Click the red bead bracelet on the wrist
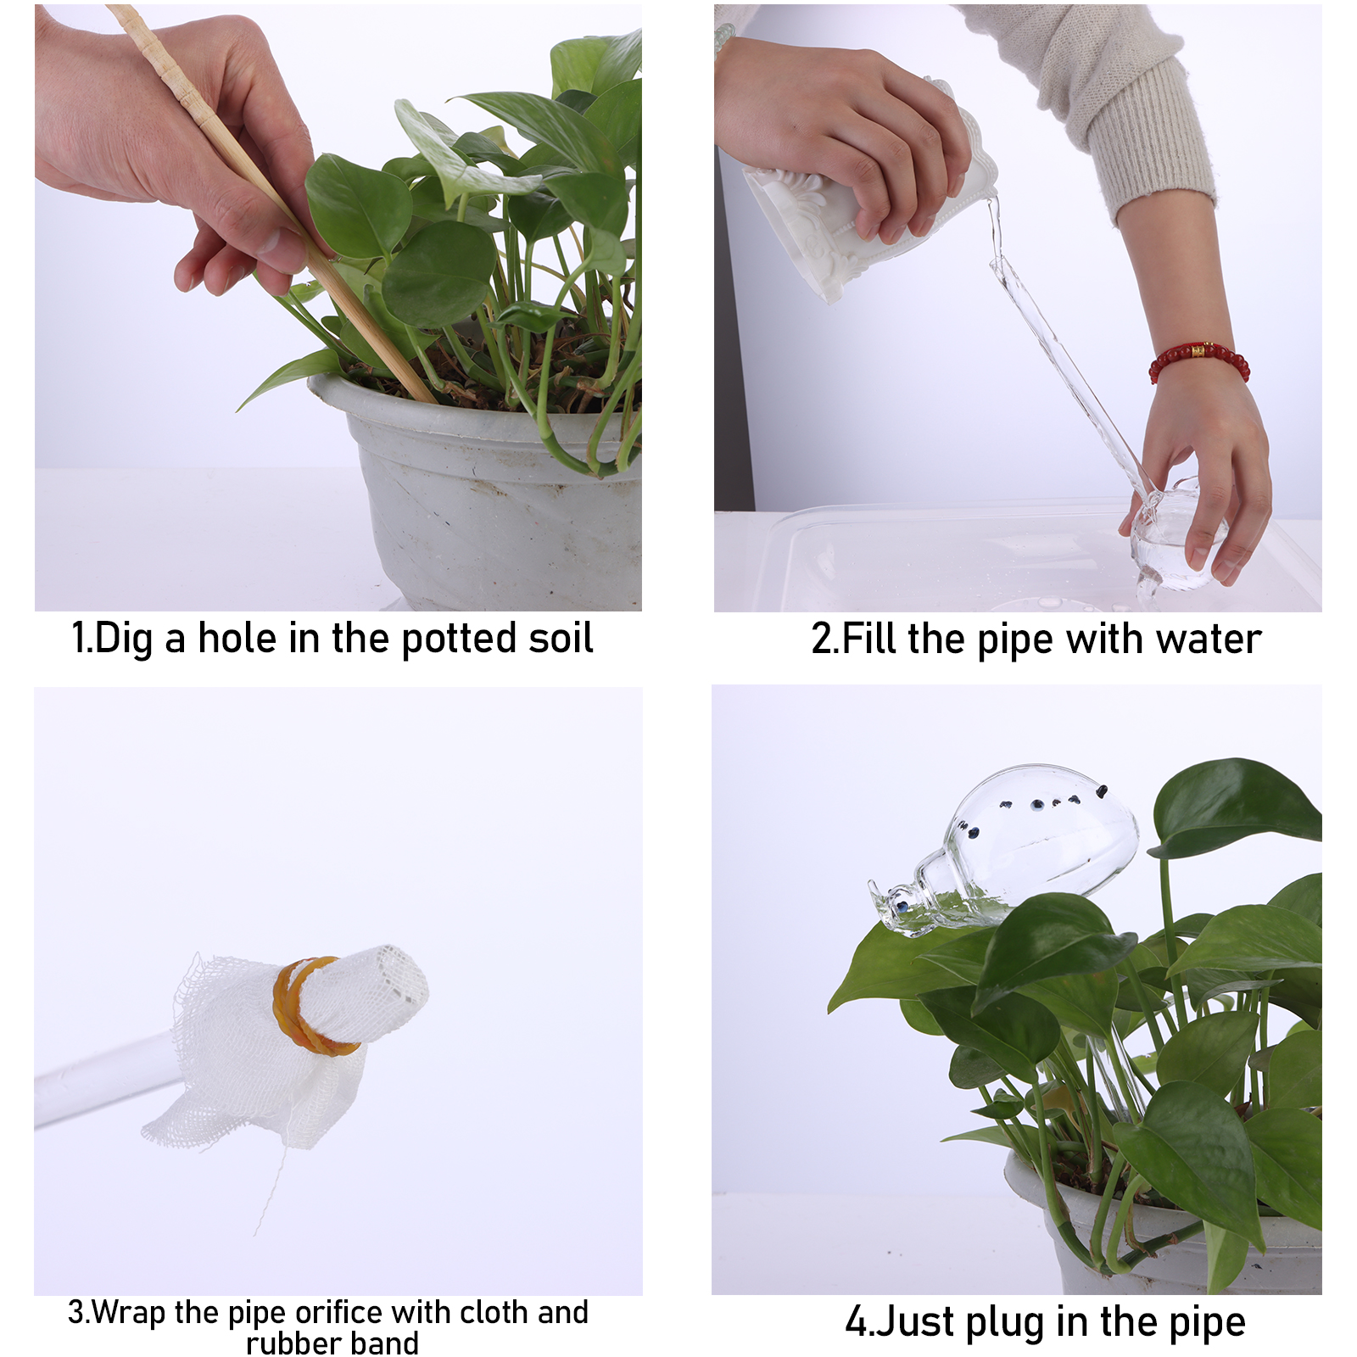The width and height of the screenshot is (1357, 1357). pyautogui.click(x=1198, y=360)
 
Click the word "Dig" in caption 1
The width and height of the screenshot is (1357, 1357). pyautogui.click(x=124, y=639)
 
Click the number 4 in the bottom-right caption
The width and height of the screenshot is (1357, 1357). pyautogui.click(x=857, y=1322)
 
